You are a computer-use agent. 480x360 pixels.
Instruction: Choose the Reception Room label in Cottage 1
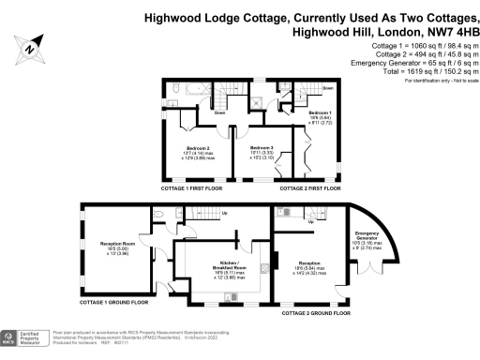point(119,247)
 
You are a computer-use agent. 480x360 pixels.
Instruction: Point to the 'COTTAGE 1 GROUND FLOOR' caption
point(114,303)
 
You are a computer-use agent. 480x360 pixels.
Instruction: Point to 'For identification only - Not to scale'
point(439,82)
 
